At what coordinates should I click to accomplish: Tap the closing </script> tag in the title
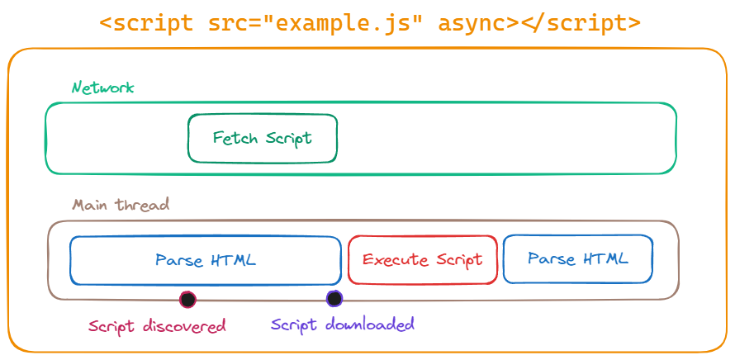[581, 23]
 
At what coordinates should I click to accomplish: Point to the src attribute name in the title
[227, 23]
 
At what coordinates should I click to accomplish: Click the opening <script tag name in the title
[149, 23]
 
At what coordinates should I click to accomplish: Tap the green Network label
[102, 88]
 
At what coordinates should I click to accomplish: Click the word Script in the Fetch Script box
[289, 138]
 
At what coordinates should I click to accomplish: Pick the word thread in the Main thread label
[144, 205]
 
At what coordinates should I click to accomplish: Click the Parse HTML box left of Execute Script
[205, 260]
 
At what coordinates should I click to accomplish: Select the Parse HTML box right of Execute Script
[578, 259]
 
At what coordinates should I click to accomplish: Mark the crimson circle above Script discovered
[187, 299]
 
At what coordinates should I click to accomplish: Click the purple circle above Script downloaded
[334, 298]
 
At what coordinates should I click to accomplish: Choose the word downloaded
[369, 324]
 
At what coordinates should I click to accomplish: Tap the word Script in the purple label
[294, 324]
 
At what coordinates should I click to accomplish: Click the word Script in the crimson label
[111, 326]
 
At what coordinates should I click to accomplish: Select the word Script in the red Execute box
[458, 260]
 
